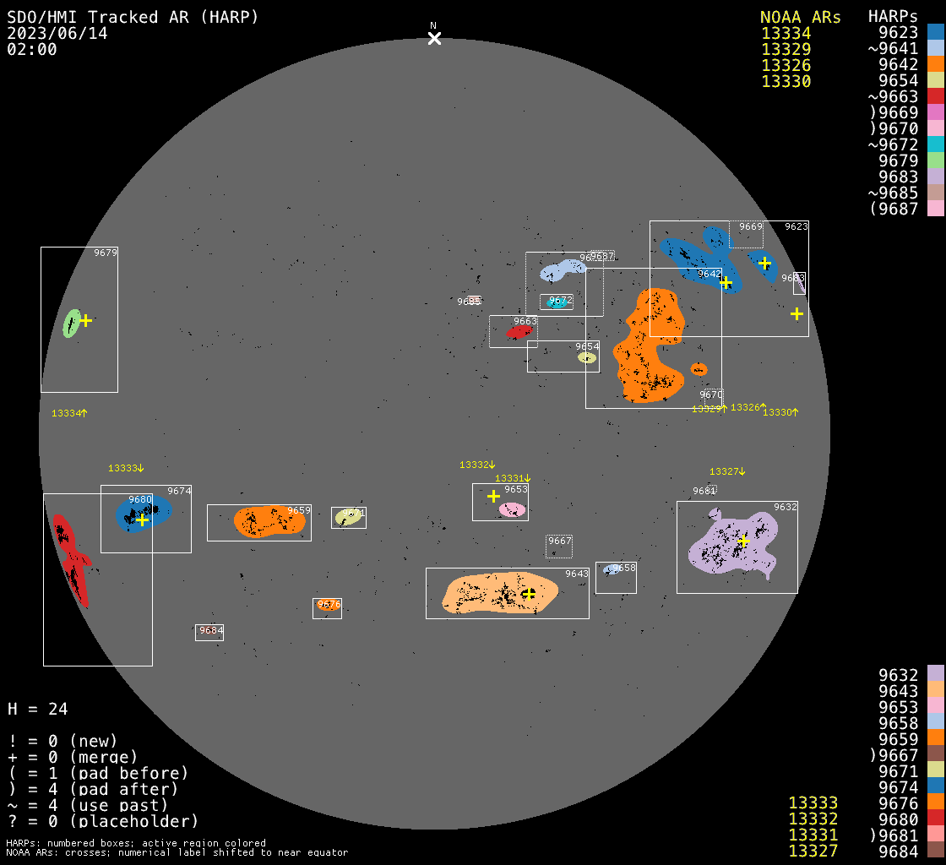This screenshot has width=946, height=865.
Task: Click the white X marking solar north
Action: coord(434,38)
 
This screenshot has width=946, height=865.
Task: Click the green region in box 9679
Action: coord(72,324)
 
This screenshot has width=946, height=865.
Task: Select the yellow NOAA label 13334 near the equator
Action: coord(67,413)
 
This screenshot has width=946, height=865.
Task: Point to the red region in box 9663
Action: coord(519,332)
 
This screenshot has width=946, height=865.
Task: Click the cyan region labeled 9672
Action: coord(556,302)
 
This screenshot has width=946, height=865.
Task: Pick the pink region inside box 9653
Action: coord(512,509)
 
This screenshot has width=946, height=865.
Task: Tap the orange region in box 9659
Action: coord(268,521)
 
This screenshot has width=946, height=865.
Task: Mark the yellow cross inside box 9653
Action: coord(493,496)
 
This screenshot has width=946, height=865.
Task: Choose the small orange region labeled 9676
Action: coord(327,605)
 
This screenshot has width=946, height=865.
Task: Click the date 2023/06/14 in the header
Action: coord(57,33)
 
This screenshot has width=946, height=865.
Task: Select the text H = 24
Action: coord(37,709)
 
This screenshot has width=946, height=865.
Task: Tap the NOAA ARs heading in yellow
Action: coord(800,17)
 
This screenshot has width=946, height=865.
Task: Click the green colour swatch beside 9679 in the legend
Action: coord(935,160)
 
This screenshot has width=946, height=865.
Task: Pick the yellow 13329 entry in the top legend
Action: coord(786,49)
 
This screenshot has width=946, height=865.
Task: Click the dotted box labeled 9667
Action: coord(559,547)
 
